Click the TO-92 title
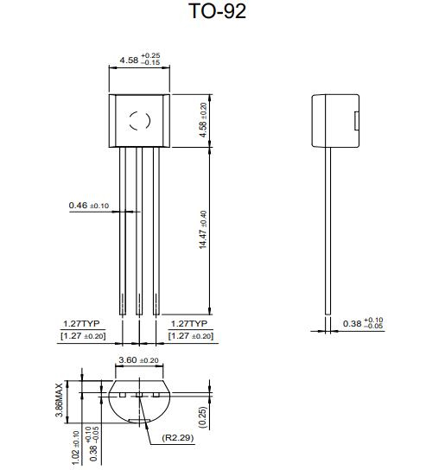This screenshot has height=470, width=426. tap(218, 11)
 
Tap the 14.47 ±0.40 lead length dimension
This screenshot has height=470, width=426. tap(203, 230)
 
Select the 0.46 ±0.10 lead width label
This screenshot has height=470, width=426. tap(89, 206)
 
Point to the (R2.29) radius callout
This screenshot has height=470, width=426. tap(178, 438)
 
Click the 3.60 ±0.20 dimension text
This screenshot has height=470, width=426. tap(138, 360)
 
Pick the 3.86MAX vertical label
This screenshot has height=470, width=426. tap(59, 400)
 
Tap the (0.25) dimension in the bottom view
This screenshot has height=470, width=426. tap(203, 417)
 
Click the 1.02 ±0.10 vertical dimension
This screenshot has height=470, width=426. tap(75, 448)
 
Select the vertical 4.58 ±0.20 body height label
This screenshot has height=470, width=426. tap(203, 120)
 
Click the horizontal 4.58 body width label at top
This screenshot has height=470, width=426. tap(140, 60)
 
